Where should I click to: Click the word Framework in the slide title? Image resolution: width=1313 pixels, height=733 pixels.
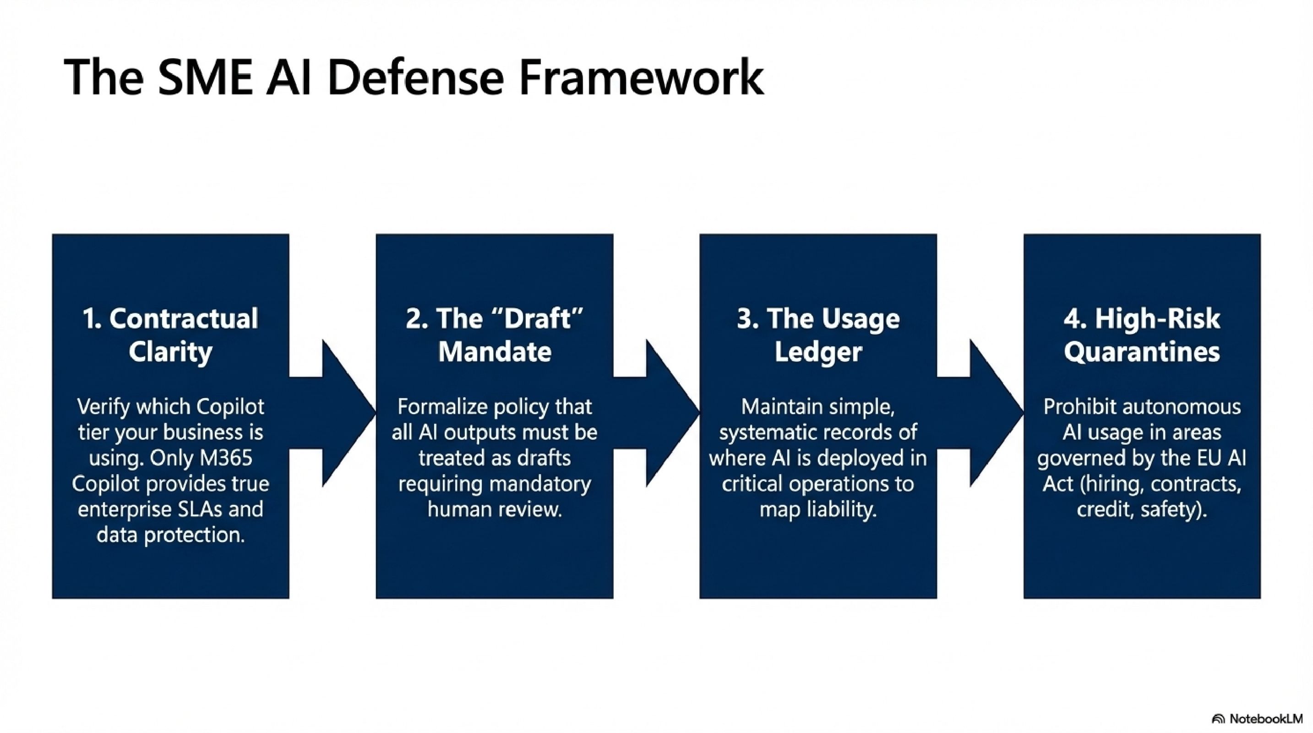641,77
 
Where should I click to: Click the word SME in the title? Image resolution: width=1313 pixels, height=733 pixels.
205,77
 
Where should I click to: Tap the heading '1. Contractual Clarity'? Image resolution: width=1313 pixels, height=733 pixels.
170,335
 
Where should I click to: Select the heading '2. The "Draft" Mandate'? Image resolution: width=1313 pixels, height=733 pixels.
495,335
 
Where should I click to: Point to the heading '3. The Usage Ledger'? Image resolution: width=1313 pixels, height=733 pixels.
818,335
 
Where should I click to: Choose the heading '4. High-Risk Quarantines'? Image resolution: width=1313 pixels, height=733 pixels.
1142,335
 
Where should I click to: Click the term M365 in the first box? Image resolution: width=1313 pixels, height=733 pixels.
226,458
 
